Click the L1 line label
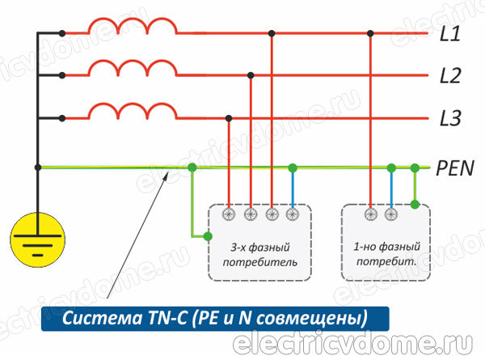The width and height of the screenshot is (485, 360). pos(450,34)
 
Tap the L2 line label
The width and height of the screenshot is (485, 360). pos(450,77)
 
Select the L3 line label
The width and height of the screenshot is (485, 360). pos(450,119)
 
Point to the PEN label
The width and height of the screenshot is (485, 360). pos(455,167)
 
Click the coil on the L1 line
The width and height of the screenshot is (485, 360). pos(133,28)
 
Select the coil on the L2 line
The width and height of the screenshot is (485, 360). pos(133,70)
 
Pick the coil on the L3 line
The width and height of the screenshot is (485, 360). pos(133,112)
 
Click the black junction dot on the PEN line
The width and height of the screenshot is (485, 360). pos(38,167)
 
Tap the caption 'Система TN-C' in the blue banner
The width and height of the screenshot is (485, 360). pos(213,316)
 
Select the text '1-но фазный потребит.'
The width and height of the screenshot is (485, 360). pos(385,255)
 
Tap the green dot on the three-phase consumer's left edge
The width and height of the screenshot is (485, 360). pos(209,237)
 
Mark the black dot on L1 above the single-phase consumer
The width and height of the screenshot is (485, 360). pos(370,34)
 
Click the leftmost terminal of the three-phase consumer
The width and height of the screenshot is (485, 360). pos(230,214)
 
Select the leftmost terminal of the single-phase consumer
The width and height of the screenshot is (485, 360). pos(370,214)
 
